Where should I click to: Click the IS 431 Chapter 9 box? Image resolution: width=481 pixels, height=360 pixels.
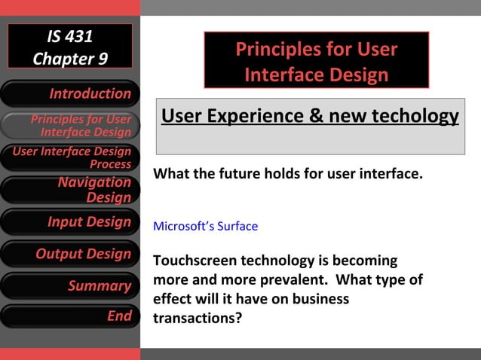coord(70,47)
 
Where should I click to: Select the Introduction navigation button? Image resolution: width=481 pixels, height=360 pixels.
coord(70,94)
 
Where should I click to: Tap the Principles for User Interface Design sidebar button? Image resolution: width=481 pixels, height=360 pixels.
coord(70,126)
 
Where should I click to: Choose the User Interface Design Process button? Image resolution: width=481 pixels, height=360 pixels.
coord(70,157)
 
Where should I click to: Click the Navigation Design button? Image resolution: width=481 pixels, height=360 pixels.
coord(70,190)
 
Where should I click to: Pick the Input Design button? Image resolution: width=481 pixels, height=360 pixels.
coord(70,222)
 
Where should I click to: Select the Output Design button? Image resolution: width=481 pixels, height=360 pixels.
coord(70,254)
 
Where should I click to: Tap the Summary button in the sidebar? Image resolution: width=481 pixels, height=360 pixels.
coord(70,286)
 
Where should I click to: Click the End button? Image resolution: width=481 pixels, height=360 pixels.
coord(70,316)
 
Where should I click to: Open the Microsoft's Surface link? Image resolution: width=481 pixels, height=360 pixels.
coord(205,226)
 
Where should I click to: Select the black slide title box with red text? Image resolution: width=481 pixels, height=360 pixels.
coord(316,61)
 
